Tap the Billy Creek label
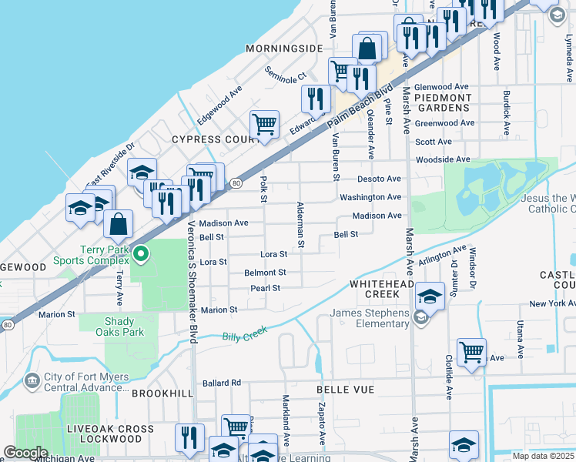tap(244, 333)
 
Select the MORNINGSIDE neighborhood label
tap(284, 49)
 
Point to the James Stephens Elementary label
tap(370, 318)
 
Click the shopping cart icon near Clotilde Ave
tap(471, 353)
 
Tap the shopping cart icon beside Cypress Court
tap(264, 124)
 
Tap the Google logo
tap(25, 453)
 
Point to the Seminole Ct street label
tap(286, 77)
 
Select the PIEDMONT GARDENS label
tap(443, 102)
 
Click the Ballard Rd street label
tap(222, 383)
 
